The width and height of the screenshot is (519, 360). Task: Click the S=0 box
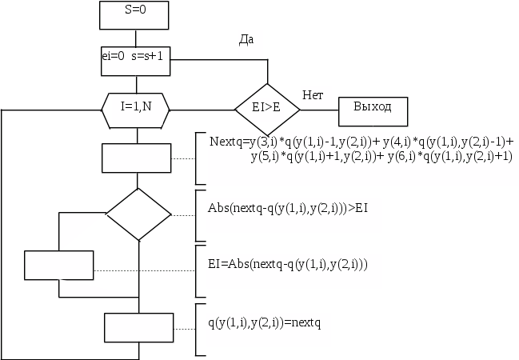coord(136,15)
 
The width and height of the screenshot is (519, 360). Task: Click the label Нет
coord(313,95)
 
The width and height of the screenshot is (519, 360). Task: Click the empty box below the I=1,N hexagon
coord(136,157)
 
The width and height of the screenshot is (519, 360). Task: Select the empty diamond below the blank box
coord(138,214)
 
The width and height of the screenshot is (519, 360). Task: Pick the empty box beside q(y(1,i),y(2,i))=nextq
coord(138,326)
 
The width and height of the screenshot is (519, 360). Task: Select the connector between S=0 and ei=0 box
coord(136,39)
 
